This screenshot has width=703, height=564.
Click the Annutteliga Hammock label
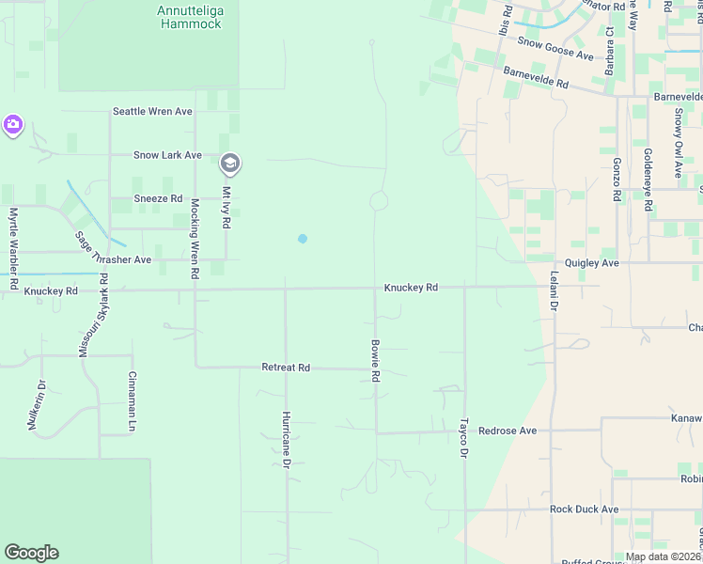coord(190,17)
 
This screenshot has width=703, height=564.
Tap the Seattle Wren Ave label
coord(152,111)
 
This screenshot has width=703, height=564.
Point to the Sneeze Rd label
coord(157,198)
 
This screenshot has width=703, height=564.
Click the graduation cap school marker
coord(228,164)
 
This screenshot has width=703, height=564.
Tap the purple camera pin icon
coord(12,124)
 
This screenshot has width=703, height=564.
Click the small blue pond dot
coord(303,239)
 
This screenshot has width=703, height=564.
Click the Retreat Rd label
coord(286,368)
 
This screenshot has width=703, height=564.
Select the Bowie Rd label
coord(375,360)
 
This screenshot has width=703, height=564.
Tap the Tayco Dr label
coord(464,438)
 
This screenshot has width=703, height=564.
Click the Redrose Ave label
coord(507,431)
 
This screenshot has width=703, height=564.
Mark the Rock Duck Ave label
coord(584,509)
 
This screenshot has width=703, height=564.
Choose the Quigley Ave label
coord(591,264)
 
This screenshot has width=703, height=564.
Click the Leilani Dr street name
coord(554,301)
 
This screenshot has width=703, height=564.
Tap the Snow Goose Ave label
coord(555,49)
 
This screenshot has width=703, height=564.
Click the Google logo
coord(31,553)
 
